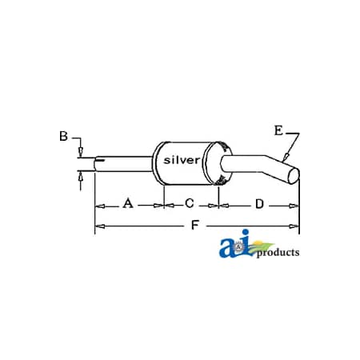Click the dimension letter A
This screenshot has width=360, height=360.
pyautogui.click(x=128, y=204)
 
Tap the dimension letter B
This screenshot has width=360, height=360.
pyautogui.click(x=63, y=137)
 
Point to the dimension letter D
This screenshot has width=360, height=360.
pyautogui.click(x=259, y=204)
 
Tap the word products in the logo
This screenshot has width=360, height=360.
pyautogui.click(x=278, y=253)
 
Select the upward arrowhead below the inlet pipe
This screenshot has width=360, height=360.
pyautogui.click(x=80, y=177)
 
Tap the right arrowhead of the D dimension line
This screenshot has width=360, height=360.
pyautogui.click(x=297, y=205)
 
